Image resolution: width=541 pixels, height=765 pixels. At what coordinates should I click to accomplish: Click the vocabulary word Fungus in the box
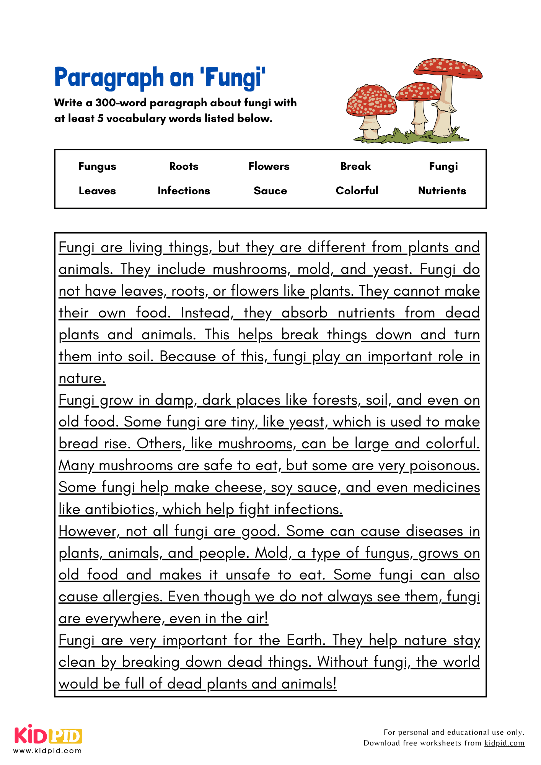tap(97, 166)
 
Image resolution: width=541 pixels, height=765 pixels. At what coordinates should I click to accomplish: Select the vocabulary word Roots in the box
tap(184, 166)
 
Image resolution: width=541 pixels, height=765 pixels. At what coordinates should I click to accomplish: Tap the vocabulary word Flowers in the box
tap(269, 166)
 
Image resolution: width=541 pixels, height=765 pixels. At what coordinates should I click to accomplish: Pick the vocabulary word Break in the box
tap(355, 166)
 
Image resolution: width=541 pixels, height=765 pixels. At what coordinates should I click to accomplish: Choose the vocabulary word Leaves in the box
tap(97, 191)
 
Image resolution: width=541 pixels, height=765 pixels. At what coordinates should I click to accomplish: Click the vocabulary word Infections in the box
tap(184, 191)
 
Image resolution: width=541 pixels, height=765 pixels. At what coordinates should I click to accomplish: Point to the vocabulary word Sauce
tap(270, 191)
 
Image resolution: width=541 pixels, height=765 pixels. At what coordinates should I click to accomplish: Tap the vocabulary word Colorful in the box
tap(357, 191)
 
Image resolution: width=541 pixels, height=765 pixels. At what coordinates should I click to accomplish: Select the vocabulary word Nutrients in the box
tap(442, 191)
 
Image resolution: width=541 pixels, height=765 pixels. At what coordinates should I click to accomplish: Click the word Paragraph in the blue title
tap(109, 78)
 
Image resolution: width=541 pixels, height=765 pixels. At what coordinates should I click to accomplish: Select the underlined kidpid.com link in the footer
tap(504, 743)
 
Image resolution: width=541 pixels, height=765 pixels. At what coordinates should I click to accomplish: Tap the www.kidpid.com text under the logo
tap(48, 751)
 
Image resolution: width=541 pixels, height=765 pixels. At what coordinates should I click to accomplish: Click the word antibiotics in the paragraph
tap(120, 509)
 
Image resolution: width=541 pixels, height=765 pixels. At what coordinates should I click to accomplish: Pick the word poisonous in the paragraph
tap(444, 466)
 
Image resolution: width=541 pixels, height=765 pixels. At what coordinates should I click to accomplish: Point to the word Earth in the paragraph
tap(305, 640)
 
